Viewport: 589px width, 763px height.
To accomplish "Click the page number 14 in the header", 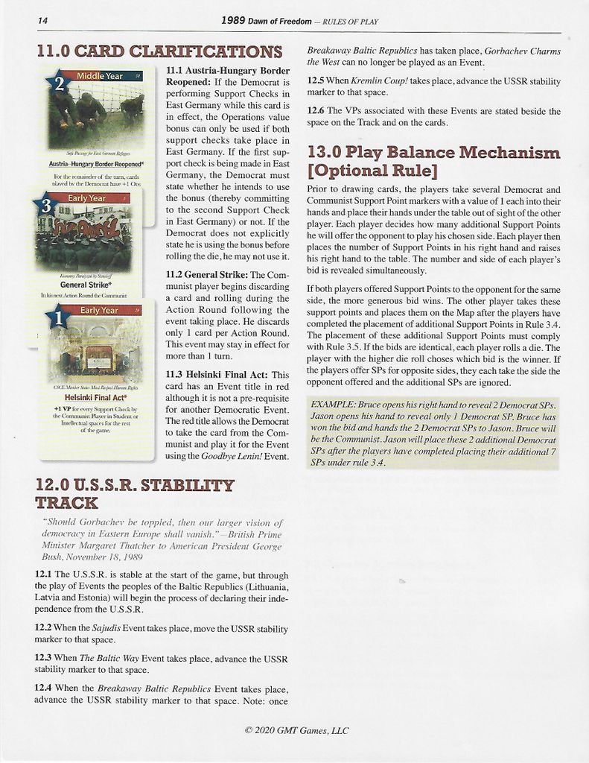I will tap(42, 21).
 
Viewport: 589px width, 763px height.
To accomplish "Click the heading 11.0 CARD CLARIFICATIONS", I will tap(159, 51).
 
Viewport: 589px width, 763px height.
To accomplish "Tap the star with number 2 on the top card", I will tap(57, 84).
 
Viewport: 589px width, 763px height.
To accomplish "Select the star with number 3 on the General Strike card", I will tap(45, 206).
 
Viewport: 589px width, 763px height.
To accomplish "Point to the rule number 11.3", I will tap(176, 374).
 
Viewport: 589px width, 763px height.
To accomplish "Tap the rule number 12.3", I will tap(43, 658).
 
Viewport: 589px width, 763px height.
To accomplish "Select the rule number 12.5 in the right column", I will tap(316, 80).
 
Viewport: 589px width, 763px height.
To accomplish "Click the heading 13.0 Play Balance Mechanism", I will tap(433, 153).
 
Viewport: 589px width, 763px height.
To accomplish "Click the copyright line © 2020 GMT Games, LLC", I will tap(296, 730).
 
